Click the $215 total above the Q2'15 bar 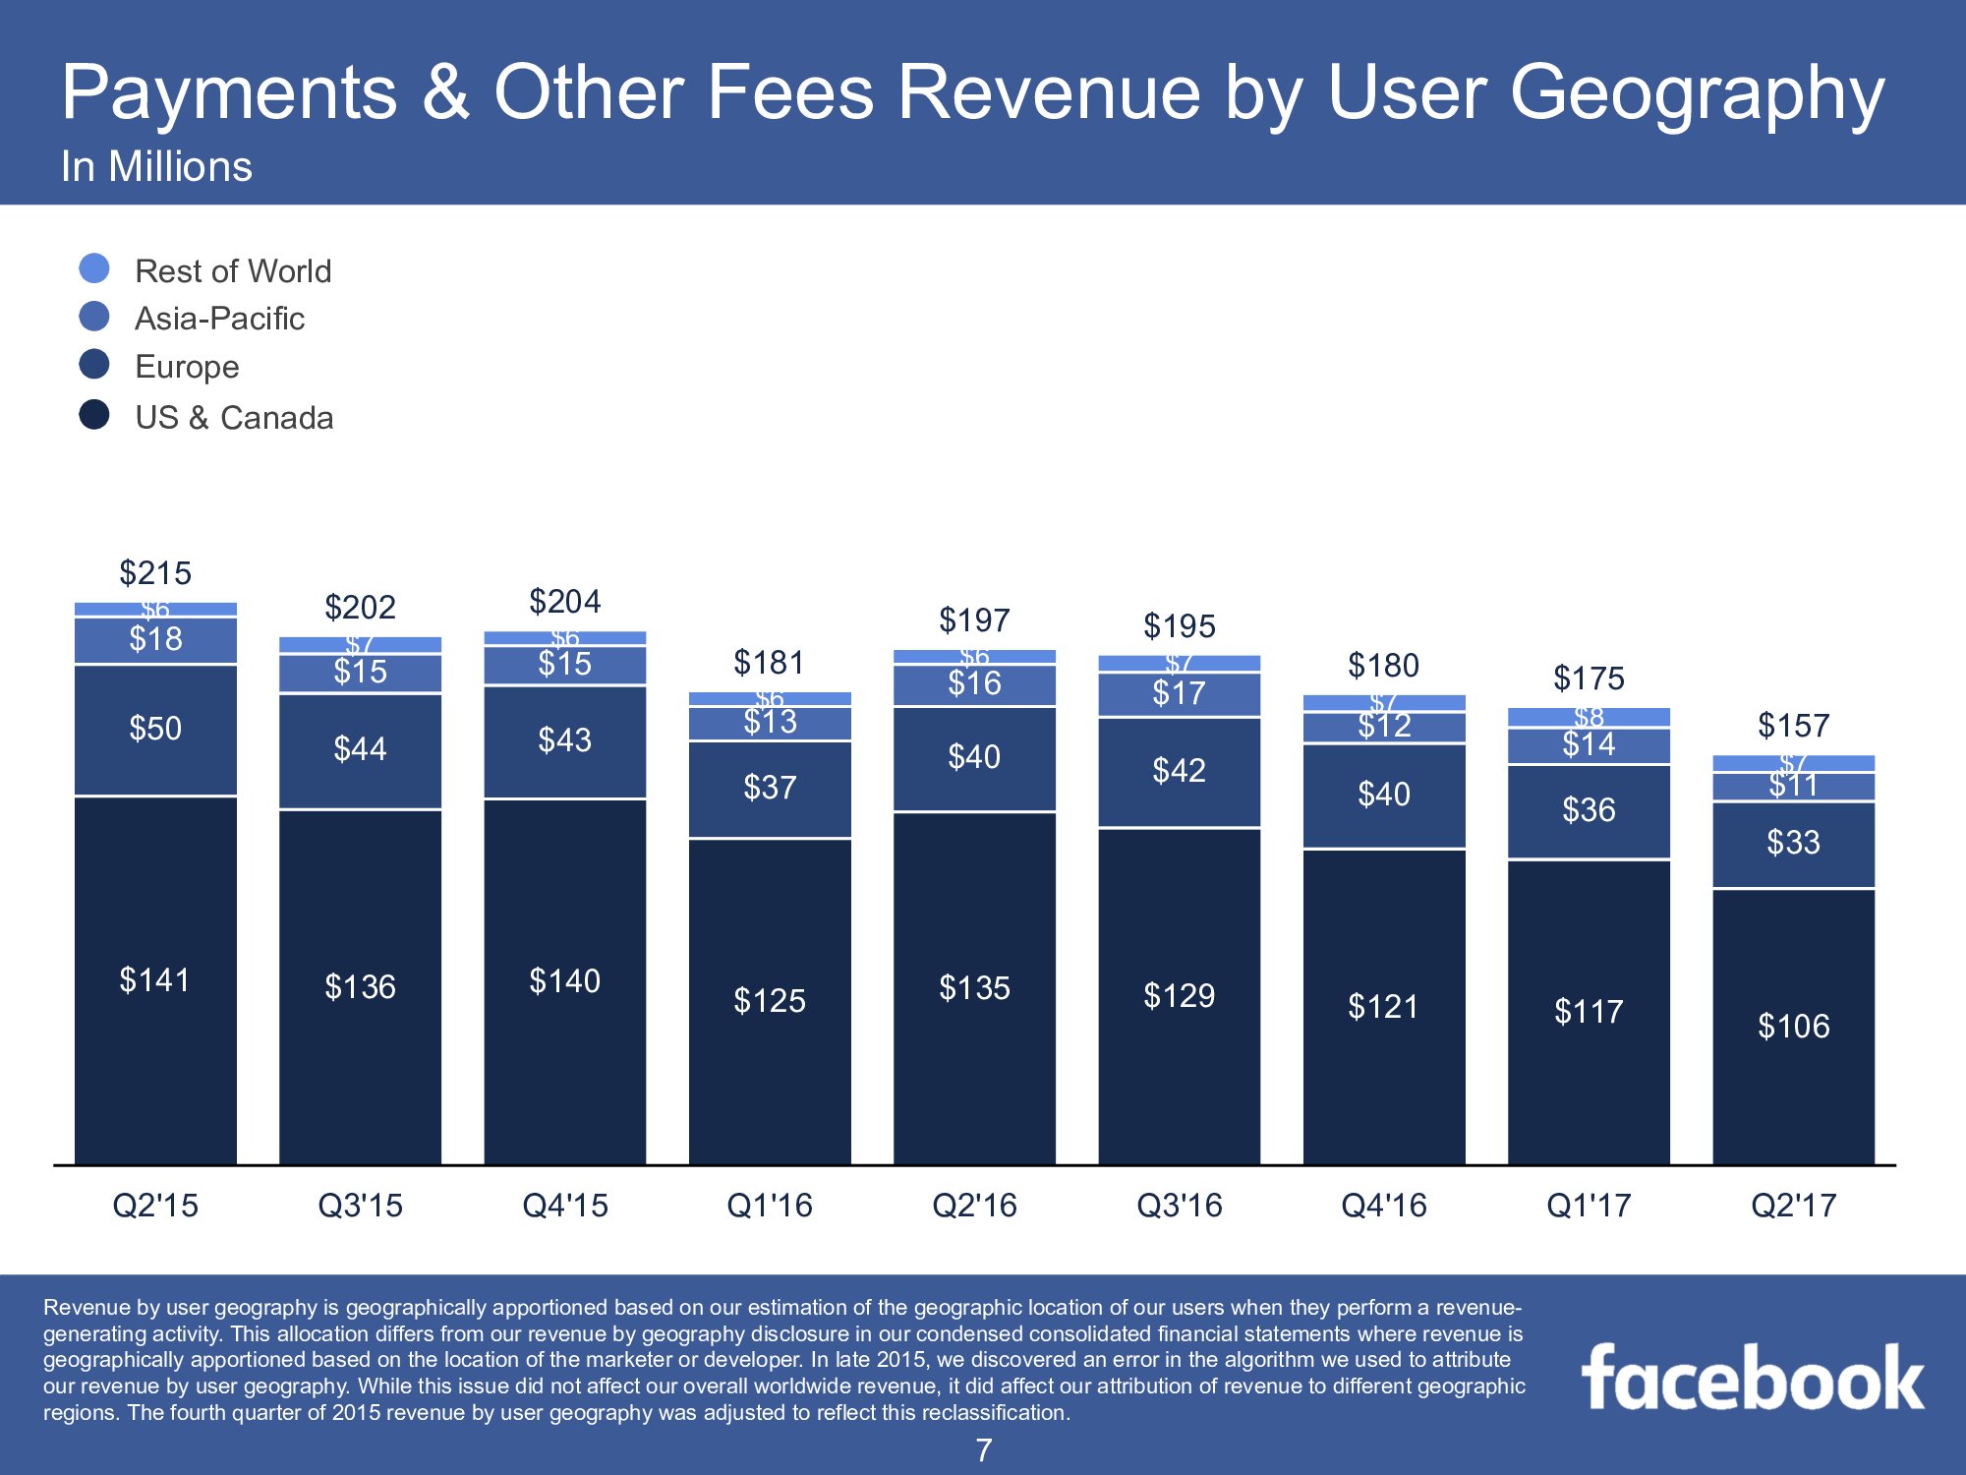point(155,572)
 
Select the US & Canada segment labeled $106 point(1793,1026)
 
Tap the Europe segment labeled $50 point(155,729)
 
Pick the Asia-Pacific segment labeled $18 point(155,640)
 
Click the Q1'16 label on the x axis point(770,1205)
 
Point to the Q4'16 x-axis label point(1384,1205)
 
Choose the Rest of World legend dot point(94,268)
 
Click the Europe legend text point(187,367)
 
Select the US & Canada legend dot point(94,415)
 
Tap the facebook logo point(1753,1379)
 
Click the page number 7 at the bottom point(983,1450)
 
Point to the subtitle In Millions point(156,166)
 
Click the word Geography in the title point(1697,94)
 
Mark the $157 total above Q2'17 point(1793,726)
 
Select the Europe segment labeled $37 point(770,788)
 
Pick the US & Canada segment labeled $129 point(1179,995)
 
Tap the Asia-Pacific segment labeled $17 point(1179,694)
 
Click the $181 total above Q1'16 point(770,663)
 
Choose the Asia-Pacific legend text point(219,319)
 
